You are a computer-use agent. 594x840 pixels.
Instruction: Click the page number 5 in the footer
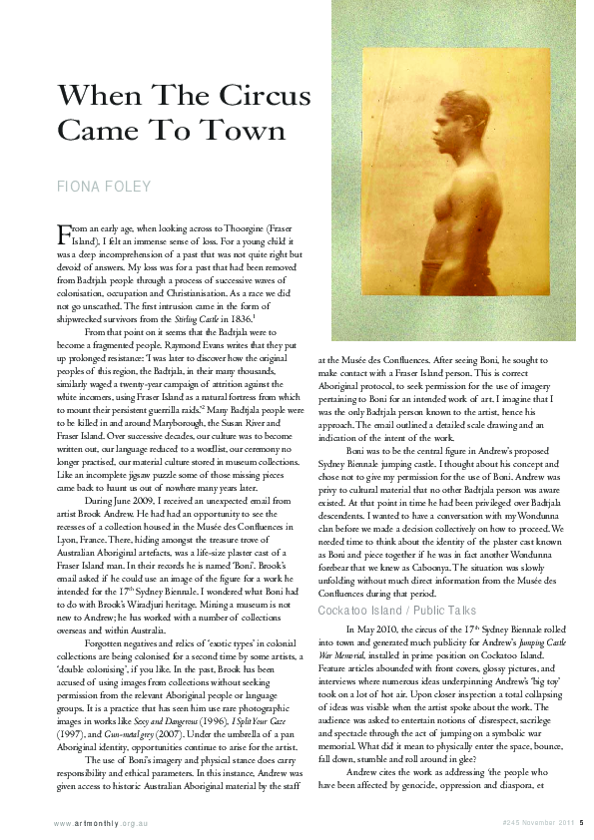click(x=581, y=822)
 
